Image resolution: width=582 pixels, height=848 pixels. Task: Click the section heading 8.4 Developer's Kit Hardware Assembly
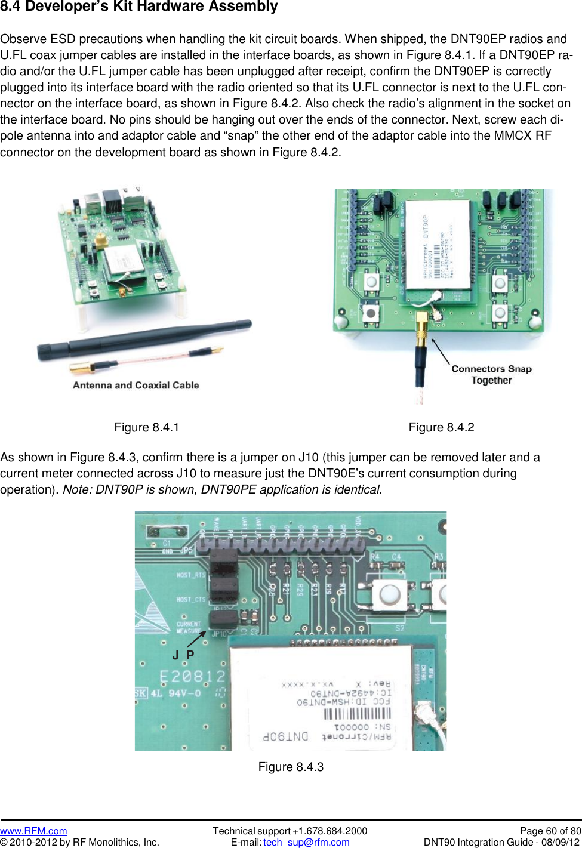139,7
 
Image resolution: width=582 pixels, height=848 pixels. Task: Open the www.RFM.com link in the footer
33,831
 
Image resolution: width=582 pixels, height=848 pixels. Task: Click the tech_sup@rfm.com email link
306,842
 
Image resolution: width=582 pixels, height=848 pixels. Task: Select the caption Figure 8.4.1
147,427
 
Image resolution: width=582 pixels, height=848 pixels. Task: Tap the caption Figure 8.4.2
441,427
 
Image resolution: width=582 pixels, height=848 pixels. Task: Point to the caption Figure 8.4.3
291,767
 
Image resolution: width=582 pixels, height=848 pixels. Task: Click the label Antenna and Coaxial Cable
136,386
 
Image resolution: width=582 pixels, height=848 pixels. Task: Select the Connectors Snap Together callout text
491,374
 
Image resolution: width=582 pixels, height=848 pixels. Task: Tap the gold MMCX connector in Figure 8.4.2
421,328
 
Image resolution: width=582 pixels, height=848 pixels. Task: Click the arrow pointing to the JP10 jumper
196,639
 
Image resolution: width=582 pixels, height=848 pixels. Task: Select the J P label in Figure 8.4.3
183,655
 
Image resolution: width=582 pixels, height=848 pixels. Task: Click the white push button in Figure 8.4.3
389,594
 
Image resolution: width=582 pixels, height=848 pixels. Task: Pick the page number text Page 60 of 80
550,831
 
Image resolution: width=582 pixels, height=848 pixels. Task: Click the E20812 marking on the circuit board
192,676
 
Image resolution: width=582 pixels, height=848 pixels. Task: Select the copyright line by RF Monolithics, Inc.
80,842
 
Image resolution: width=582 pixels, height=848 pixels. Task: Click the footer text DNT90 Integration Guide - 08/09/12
501,842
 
